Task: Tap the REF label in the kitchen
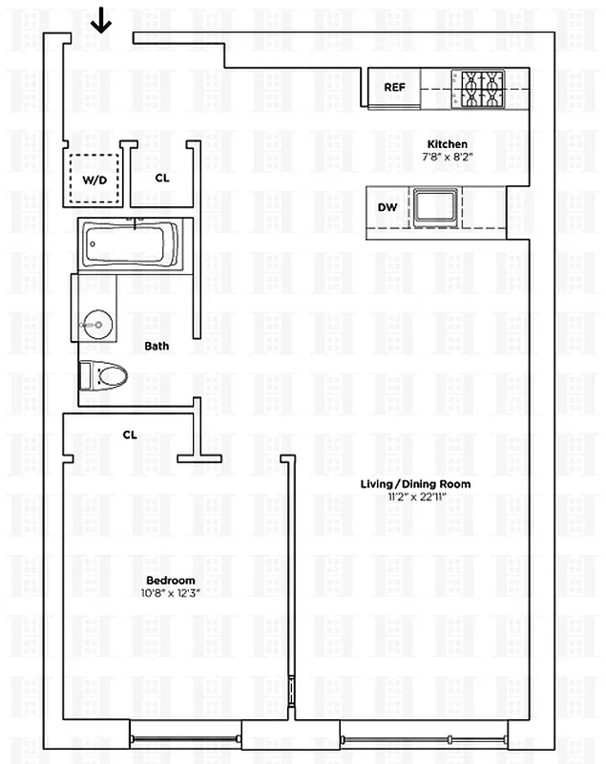395,88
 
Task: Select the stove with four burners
482,89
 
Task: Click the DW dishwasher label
387,207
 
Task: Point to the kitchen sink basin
436,205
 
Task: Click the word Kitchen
448,144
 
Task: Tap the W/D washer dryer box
94,180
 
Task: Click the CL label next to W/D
162,178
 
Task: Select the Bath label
157,346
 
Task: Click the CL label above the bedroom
130,435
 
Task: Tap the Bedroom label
171,581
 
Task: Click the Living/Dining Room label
415,484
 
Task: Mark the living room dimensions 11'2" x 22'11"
415,498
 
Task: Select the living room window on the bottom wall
423,736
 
